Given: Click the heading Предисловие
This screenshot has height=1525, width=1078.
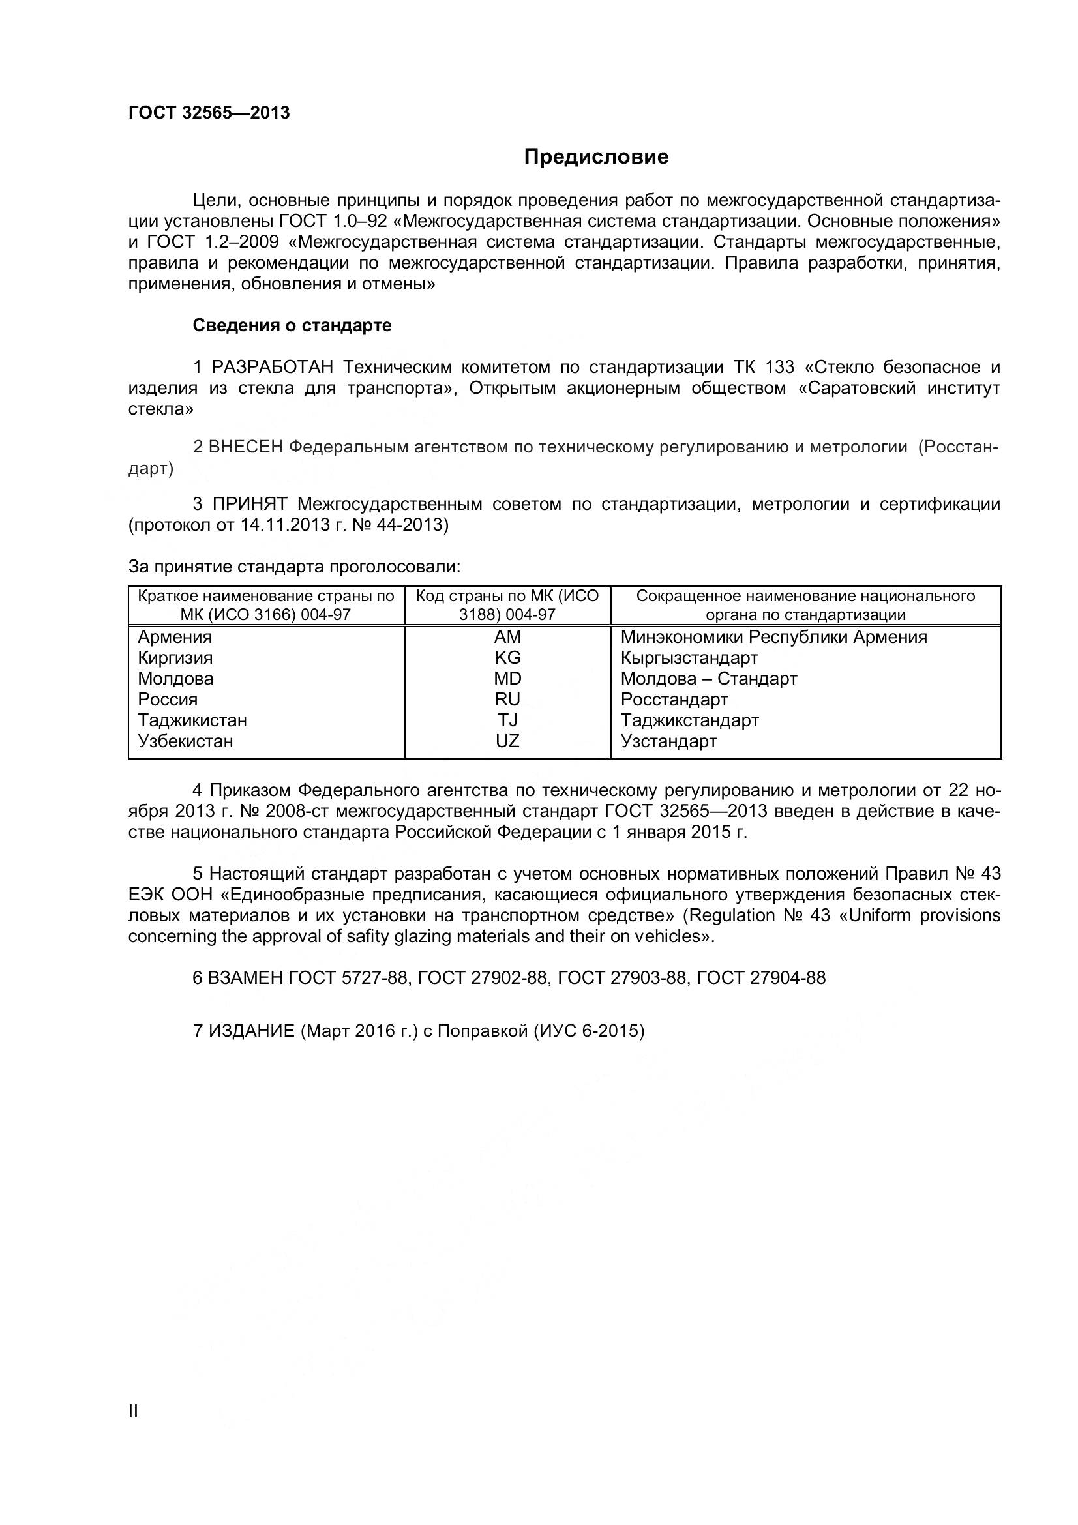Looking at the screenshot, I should click(x=596, y=156).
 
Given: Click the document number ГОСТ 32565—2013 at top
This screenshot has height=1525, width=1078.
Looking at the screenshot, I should click(x=209, y=113).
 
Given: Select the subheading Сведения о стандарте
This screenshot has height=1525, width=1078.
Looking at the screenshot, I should click(x=292, y=325).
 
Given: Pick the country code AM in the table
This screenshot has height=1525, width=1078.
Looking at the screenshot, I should click(x=507, y=637).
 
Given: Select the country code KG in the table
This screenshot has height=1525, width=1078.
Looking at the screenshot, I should click(x=507, y=658).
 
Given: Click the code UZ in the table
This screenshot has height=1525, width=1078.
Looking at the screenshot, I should click(x=507, y=741).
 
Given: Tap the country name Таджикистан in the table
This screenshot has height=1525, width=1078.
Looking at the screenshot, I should click(x=192, y=720).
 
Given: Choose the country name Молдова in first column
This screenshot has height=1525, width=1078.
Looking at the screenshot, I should click(x=175, y=678).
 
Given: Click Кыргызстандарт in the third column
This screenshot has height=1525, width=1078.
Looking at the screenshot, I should click(x=689, y=658).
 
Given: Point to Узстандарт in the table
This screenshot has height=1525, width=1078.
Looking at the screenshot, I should click(x=668, y=741).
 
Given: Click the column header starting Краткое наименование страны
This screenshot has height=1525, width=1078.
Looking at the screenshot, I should click(x=265, y=605).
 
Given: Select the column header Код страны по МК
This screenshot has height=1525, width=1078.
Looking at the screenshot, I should click(x=507, y=605).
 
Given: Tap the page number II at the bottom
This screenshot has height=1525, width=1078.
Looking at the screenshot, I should click(x=133, y=1430).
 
